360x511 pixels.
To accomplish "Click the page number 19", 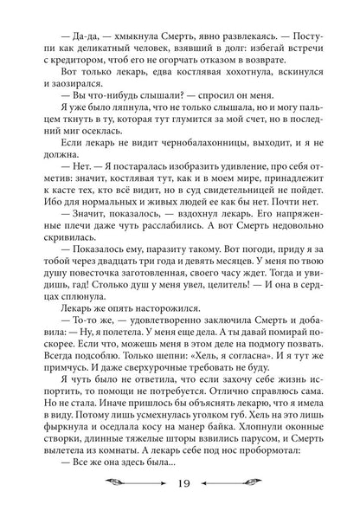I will [181, 483].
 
